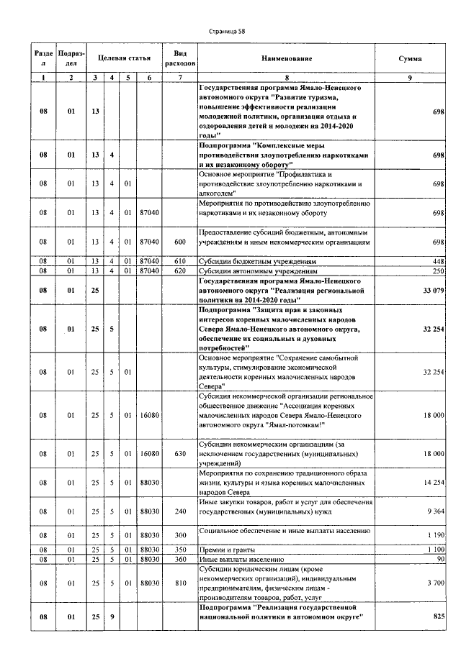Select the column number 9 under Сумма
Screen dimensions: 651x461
(x=410, y=77)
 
